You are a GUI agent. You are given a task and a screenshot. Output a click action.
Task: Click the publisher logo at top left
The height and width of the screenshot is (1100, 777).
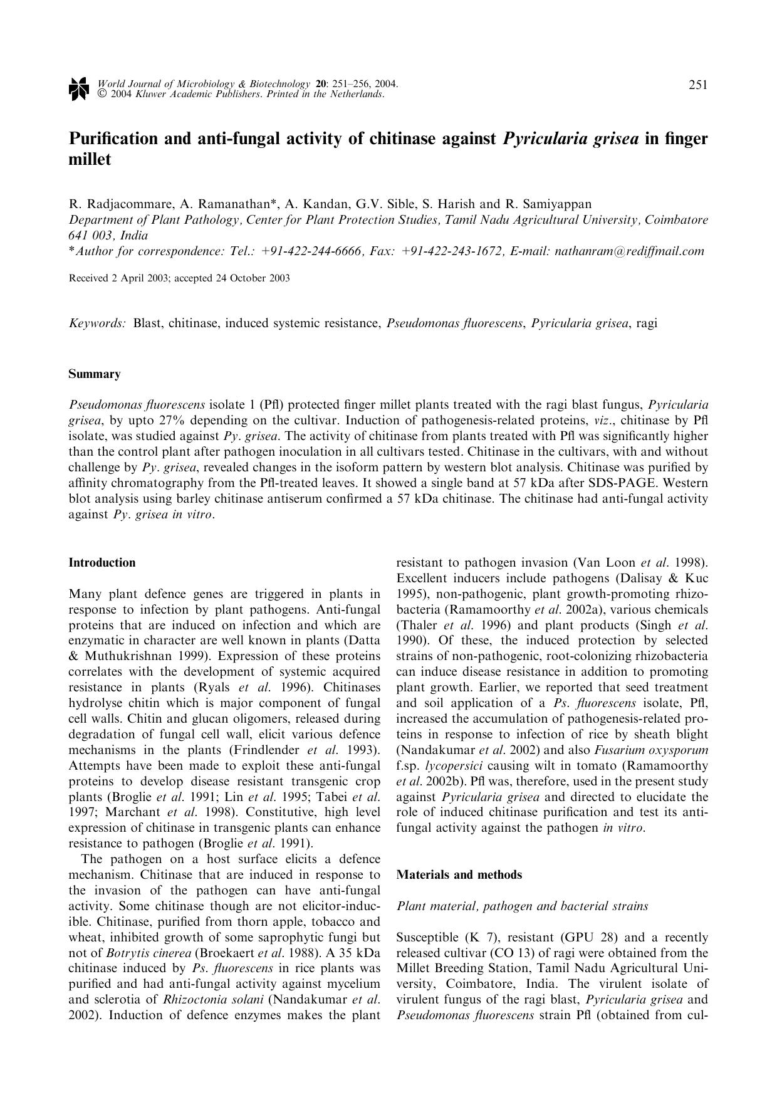[x=78, y=88]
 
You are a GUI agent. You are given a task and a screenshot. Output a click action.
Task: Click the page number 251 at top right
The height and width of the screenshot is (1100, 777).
[x=698, y=85]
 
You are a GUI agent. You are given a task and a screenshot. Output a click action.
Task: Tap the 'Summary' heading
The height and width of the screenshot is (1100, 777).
[x=94, y=374]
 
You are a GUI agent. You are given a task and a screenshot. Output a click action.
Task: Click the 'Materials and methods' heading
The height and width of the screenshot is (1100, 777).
[x=459, y=874]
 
